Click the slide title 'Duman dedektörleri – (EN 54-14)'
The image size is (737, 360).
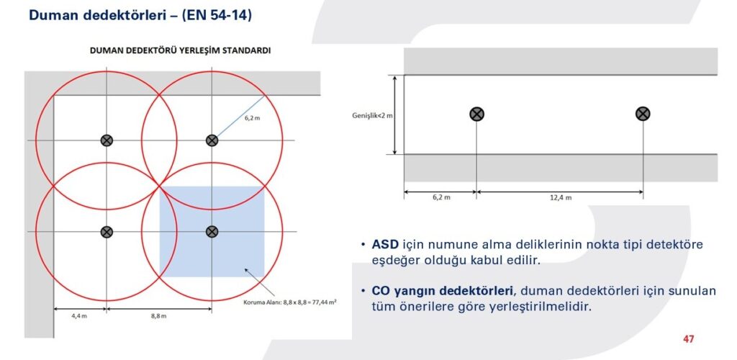tap(140, 15)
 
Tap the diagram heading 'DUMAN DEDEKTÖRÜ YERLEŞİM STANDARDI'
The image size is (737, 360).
tap(181, 50)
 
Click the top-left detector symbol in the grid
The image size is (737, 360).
tap(107, 140)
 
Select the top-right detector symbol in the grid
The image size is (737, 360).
tap(212, 140)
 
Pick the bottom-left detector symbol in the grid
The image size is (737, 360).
tap(107, 231)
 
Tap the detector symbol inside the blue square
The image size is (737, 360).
tap(212, 231)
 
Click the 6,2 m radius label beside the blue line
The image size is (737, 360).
tap(252, 118)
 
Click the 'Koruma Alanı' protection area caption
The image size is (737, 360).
tap(289, 302)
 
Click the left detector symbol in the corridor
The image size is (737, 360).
tap(476, 114)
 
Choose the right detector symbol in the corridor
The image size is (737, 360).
tap(643, 113)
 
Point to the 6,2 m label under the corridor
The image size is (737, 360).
tap(441, 198)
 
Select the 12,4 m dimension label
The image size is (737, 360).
tap(561, 198)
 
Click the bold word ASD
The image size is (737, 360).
tap(386, 245)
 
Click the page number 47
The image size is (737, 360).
tap(689, 339)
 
